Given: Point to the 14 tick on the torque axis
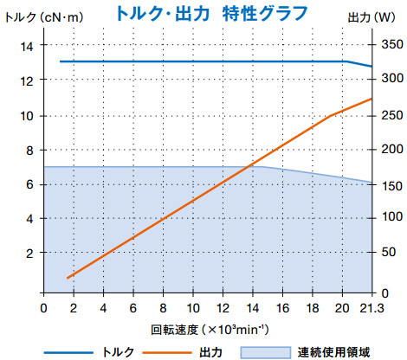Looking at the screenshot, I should pyautogui.click(x=27, y=46).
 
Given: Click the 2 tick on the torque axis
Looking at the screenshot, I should pyautogui.click(x=29, y=253).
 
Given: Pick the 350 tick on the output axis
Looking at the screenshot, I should pyautogui.click(x=389, y=46).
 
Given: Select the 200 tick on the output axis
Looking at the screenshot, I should pyautogui.click(x=389, y=150).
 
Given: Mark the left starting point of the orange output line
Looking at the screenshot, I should pyautogui.click(x=67, y=278).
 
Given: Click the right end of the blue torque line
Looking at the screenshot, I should pyautogui.click(x=372, y=67).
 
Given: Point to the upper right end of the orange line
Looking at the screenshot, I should pyautogui.click(x=372, y=99).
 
